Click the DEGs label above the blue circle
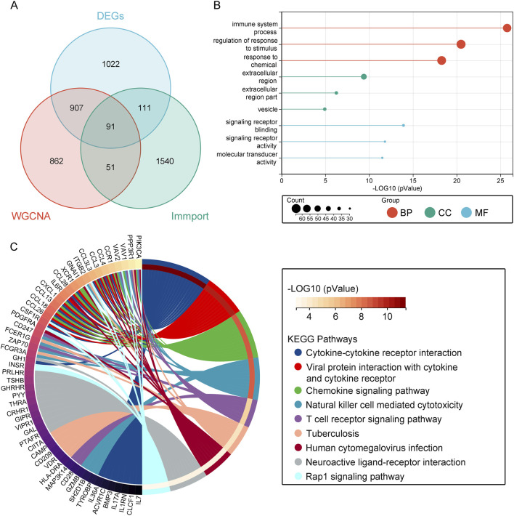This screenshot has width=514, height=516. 113,15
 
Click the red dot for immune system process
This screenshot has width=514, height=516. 507,28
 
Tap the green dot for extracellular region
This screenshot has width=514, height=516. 364,76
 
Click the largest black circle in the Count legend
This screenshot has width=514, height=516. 297,209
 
